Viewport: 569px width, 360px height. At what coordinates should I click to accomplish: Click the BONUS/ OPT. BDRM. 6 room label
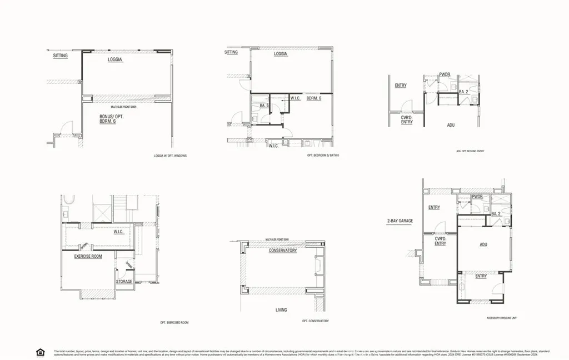point(108,119)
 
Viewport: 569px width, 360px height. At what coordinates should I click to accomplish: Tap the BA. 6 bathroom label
point(264,106)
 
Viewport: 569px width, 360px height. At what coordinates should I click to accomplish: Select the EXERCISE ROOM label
point(88,257)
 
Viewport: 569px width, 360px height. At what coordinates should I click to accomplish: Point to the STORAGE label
point(124,282)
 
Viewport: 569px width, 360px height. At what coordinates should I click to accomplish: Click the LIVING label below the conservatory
point(281,309)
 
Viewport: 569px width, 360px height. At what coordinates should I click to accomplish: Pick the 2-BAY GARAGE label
point(400,221)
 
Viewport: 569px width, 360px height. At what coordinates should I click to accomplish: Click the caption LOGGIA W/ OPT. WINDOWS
point(170,156)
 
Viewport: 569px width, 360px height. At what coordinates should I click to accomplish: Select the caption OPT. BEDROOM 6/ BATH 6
point(323,156)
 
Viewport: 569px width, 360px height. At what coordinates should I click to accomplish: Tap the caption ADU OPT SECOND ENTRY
point(470,151)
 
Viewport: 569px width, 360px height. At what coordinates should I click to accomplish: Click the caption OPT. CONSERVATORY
point(315,321)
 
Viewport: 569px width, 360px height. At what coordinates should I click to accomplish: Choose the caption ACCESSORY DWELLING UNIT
point(501,318)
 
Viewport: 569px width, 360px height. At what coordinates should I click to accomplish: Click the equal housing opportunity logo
point(40,352)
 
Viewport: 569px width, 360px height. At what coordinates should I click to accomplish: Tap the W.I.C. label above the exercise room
point(119,232)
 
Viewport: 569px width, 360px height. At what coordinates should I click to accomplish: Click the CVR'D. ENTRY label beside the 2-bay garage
point(440,241)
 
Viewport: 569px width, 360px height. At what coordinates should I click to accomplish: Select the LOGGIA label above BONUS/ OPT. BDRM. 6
point(115,59)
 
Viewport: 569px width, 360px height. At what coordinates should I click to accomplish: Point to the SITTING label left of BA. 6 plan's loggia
point(231,53)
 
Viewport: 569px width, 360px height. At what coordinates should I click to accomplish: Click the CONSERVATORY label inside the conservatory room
point(283,251)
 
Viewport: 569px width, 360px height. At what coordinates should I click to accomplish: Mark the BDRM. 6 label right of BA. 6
point(314,99)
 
